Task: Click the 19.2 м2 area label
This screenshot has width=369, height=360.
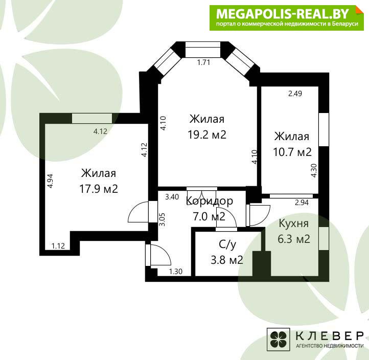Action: (x=207, y=134)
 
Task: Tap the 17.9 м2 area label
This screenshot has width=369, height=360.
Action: (x=99, y=189)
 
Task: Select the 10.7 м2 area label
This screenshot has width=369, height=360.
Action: (x=292, y=152)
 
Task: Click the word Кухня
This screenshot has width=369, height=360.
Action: (x=293, y=223)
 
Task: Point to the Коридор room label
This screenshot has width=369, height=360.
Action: (x=210, y=201)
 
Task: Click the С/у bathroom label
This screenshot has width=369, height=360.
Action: (x=227, y=244)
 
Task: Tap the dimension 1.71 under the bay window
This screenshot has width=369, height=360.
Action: (x=203, y=62)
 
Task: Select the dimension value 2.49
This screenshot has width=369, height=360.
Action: (x=295, y=94)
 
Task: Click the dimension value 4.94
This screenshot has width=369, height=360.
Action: (x=50, y=181)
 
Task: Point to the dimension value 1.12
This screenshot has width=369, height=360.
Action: (x=58, y=246)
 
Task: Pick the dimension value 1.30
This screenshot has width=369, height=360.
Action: (x=176, y=272)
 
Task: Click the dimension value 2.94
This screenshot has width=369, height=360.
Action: (x=302, y=202)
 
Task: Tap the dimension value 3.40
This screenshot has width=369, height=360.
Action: (x=172, y=196)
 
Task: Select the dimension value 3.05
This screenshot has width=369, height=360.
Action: (x=162, y=219)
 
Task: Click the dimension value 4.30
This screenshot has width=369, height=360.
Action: (x=314, y=171)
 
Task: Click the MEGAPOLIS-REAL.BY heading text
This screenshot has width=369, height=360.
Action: (x=283, y=14)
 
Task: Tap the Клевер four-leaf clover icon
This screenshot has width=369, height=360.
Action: (x=279, y=339)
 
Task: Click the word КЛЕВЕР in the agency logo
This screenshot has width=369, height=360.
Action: (x=330, y=336)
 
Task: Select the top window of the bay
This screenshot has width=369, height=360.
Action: (x=203, y=50)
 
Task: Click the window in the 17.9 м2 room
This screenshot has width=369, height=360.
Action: (x=92, y=119)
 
